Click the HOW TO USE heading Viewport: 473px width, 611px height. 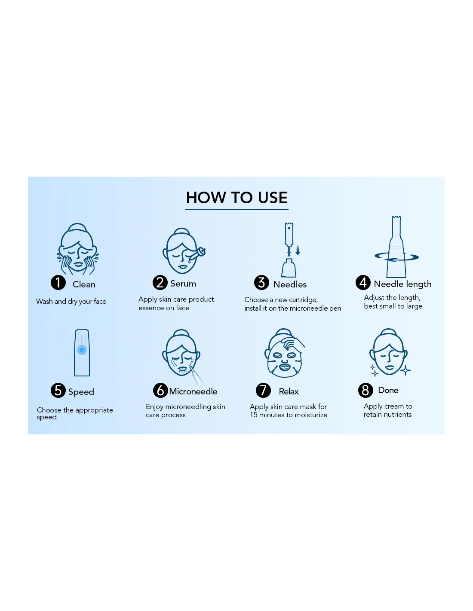(236, 197)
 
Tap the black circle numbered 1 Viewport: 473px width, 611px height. (58, 283)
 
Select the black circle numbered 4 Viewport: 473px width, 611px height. (363, 283)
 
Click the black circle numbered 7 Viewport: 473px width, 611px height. (263, 390)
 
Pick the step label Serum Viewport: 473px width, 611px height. (183, 284)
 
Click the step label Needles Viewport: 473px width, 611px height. (290, 284)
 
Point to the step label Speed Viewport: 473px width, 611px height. (81, 392)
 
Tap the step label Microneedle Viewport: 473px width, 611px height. (193, 391)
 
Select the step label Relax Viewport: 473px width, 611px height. (289, 391)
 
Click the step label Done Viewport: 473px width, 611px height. (388, 390)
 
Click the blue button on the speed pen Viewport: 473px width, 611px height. (82, 350)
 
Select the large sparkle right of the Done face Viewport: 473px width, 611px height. (405, 370)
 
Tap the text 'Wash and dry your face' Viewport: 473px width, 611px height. (71, 302)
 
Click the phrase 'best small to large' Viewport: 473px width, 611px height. (393, 306)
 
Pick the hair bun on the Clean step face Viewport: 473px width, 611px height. (77, 227)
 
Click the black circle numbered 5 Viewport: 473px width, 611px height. (58, 390)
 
